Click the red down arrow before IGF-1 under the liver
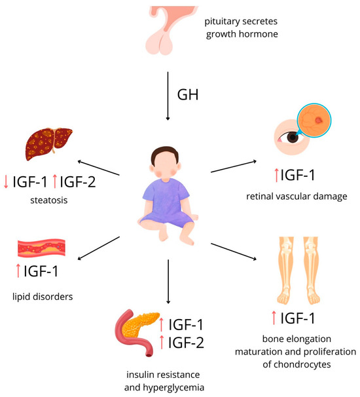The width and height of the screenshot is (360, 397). pyautogui.click(x=5, y=181)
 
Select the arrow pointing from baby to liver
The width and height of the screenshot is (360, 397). pyautogui.click(x=98, y=167)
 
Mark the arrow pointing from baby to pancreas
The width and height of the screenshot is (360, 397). pyautogui.click(x=168, y=281)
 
